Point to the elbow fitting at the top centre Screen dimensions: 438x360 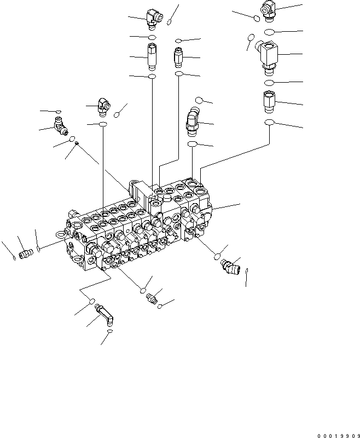point(153,18)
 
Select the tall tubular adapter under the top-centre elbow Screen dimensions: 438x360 point(152,56)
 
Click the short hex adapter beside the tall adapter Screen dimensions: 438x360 point(179,56)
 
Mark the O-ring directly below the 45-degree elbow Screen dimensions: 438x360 point(192,144)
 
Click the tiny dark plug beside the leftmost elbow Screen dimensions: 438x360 point(77,144)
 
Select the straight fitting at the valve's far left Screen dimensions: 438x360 point(24,254)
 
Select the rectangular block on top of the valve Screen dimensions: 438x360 point(140,194)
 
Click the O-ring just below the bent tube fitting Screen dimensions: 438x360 point(110,332)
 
